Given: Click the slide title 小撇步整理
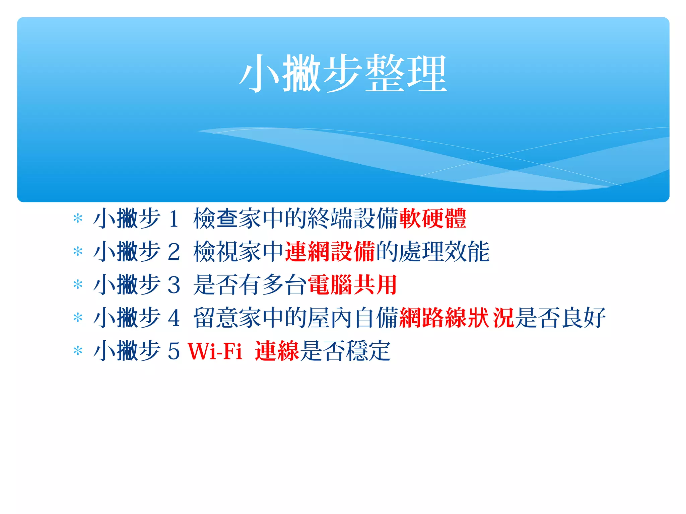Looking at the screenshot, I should [x=343, y=74].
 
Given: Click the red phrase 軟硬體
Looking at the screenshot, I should [x=433, y=219].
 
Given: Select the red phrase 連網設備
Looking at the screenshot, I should [x=330, y=252].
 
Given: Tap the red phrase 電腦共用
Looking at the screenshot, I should [x=352, y=285].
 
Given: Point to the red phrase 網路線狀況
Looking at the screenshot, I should [x=457, y=318].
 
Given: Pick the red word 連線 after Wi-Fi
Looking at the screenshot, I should [x=277, y=351].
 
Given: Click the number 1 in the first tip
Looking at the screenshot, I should [x=174, y=219].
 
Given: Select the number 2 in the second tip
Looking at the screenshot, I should [x=174, y=252].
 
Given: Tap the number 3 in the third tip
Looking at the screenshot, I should [x=174, y=285].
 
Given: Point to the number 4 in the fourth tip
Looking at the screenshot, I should [x=174, y=318].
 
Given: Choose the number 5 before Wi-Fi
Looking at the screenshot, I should [x=174, y=351].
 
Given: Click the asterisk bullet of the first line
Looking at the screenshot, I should [x=78, y=219].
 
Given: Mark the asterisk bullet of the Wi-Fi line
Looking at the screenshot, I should [x=78, y=351].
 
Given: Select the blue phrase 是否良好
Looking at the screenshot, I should [x=560, y=318].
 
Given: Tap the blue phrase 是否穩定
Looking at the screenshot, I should [x=345, y=351].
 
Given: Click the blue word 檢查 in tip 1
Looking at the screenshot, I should [x=215, y=219].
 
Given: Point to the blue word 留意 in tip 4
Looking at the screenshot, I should [x=215, y=318].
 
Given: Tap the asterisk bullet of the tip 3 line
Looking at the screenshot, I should [x=78, y=285].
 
